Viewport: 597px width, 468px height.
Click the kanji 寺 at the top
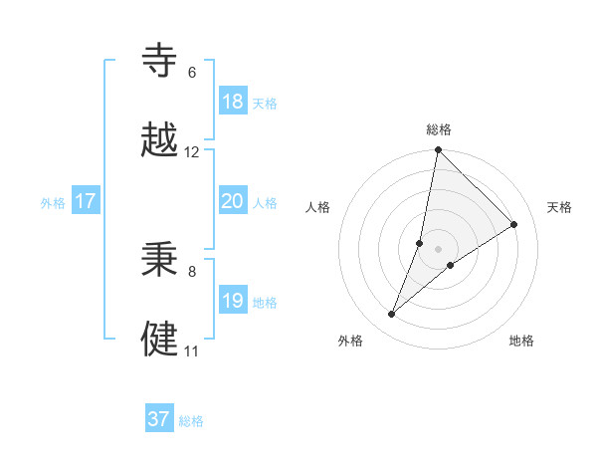click(160, 62)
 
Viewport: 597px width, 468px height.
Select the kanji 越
click(160, 141)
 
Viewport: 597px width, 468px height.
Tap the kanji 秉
click(160, 260)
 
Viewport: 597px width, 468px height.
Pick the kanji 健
click(160, 340)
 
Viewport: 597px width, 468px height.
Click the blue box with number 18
click(232, 102)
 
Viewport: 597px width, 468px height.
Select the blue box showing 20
click(232, 201)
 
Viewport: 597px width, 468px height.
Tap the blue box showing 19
click(232, 301)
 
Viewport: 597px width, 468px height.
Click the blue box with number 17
click(85, 201)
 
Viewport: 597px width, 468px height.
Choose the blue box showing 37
click(158, 419)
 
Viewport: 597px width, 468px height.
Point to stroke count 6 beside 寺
click(192, 73)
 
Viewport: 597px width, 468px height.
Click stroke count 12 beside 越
click(192, 152)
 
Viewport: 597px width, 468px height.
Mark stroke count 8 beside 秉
click(192, 271)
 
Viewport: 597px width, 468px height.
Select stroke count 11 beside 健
click(192, 351)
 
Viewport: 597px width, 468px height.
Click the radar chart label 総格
click(438, 129)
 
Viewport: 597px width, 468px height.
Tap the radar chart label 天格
click(559, 207)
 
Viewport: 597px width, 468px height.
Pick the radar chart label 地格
click(521, 341)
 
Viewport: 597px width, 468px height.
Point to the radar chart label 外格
click(349, 341)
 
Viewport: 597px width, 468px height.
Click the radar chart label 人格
click(317, 207)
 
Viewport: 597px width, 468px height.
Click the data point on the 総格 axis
click(438, 151)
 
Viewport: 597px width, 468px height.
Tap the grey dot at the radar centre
click(438, 249)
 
